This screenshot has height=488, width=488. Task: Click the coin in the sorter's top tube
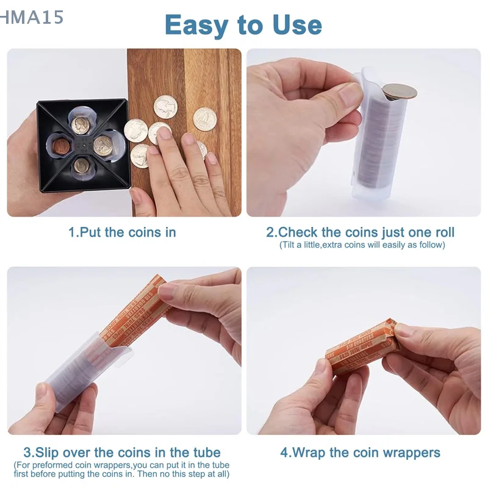pyautogui.click(x=80, y=125)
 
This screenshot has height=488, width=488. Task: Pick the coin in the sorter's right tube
pyautogui.click(x=102, y=145)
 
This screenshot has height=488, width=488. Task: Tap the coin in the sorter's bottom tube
pyautogui.click(x=82, y=165)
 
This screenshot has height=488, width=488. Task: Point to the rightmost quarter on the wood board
pyautogui.click(x=205, y=118)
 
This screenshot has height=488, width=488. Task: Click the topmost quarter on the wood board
pyautogui.click(x=165, y=107)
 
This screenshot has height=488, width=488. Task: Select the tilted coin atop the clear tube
pyautogui.click(x=400, y=92)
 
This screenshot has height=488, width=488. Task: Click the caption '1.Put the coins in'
pyautogui.click(x=122, y=232)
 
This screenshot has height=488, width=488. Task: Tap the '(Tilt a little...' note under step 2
pyautogui.click(x=362, y=245)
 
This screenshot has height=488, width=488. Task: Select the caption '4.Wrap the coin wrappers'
pyautogui.click(x=360, y=453)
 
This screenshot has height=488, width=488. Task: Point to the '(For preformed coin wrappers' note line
pyautogui.click(x=122, y=465)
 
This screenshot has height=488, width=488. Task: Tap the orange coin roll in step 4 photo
pyautogui.click(x=360, y=348)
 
